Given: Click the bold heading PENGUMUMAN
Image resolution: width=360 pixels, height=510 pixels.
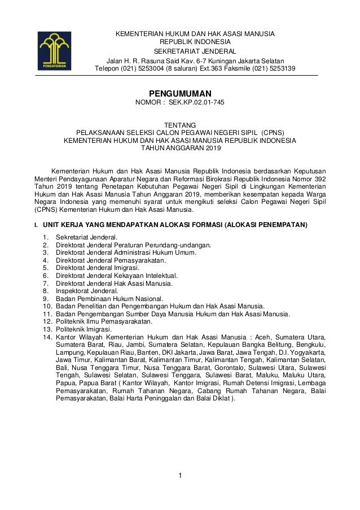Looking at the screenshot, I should [x=179, y=93].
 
